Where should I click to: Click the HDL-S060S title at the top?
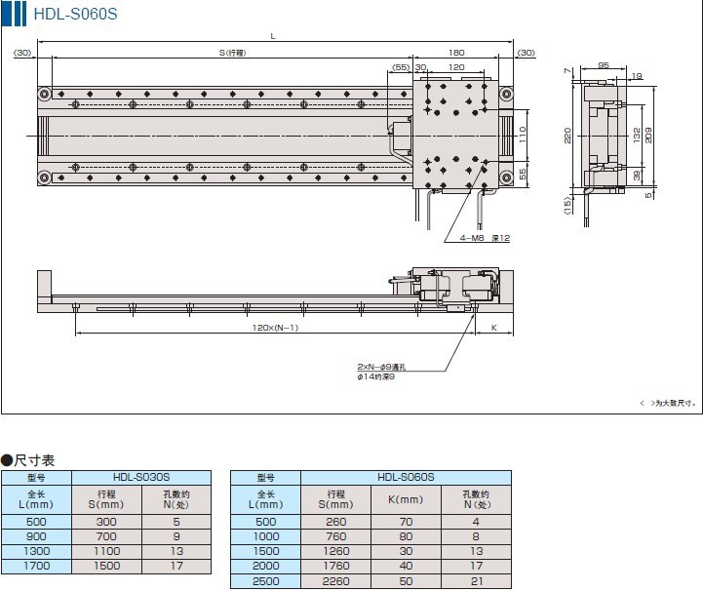pos(75,14)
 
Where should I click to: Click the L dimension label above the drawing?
pos(273,36)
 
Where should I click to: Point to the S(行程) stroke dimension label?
pos(232,53)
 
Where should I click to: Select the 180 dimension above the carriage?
pos(456,53)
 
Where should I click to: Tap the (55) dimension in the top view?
pos(401,67)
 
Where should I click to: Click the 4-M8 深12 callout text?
pos(485,238)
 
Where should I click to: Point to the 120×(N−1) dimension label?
pos(275,328)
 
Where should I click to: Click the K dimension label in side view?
pos(494,328)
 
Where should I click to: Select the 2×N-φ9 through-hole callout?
pos(381,367)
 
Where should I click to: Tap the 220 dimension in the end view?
pos(567,136)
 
